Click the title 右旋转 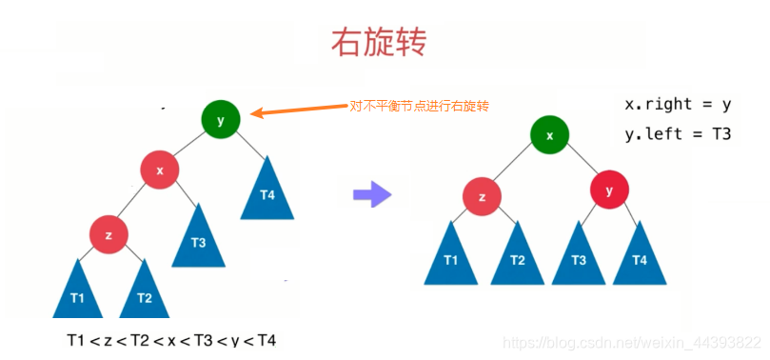pyautogui.click(x=378, y=42)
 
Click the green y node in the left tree pyautogui.click(x=221, y=119)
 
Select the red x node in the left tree pyautogui.click(x=160, y=170)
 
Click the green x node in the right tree pyautogui.click(x=549, y=134)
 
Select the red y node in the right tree pyautogui.click(x=609, y=190)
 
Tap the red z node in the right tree pyautogui.click(x=483, y=198)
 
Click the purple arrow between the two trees pyautogui.click(x=372, y=195)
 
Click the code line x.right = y pyautogui.click(x=678, y=103)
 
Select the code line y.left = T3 pyautogui.click(x=678, y=133)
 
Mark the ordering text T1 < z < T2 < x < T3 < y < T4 pyautogui.click(x=171, y=339)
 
